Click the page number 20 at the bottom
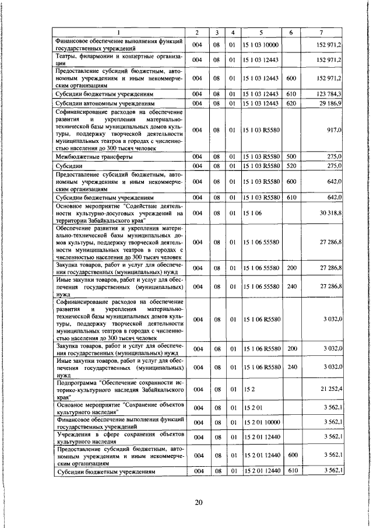(198, 505)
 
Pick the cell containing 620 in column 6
(291, 103)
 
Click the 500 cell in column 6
(291, 157)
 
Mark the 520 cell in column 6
(291, 166)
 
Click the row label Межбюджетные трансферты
(93, 157)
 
